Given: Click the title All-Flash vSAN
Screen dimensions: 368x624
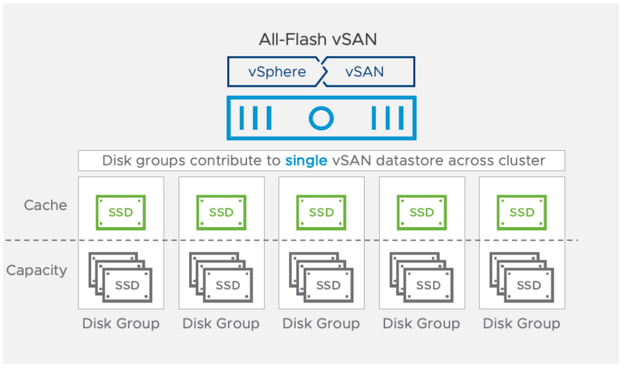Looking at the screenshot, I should pos(318,40).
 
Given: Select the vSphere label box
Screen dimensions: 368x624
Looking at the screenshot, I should pos(276,72).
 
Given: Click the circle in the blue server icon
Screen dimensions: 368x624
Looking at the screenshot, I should pos(321,117).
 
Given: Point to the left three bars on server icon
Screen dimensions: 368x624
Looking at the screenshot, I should pos(256,117).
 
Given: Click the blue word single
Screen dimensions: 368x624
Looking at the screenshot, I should pos(306,160).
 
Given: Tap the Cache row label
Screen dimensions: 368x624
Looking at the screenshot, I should pos(45,205).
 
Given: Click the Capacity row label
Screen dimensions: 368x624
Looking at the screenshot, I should pos(36,271).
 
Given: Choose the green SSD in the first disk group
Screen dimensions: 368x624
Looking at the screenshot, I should pos(120,212).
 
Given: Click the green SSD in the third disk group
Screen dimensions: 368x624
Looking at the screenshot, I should pos(321,212).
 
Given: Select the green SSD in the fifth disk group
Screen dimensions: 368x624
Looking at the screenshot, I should pos(522,212).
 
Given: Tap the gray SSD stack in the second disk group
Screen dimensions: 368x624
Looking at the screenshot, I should pos(221,278).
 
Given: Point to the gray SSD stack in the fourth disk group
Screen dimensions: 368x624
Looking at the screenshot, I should pos(422,278).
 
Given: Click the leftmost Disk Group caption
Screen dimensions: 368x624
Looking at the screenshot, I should pos(120,324).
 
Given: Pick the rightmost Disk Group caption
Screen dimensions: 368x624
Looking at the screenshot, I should pos(522,324).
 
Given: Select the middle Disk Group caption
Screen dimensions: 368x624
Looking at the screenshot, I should pos(321,324).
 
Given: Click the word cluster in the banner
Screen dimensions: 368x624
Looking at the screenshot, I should pos(521,160).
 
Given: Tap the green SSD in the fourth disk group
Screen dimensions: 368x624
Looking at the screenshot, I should pos(422,212).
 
